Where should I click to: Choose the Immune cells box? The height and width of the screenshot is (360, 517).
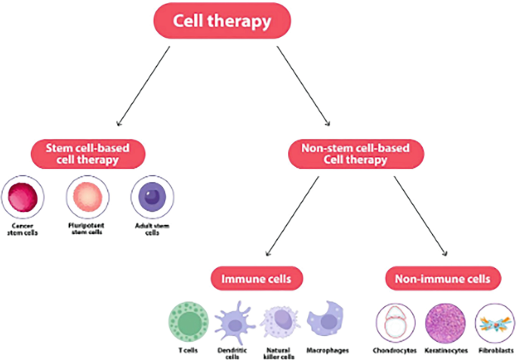(251, 279)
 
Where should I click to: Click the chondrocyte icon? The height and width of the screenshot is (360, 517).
(395, 322)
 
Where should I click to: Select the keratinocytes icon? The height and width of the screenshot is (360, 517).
(445, 322)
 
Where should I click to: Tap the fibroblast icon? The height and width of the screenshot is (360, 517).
(494, 323)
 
